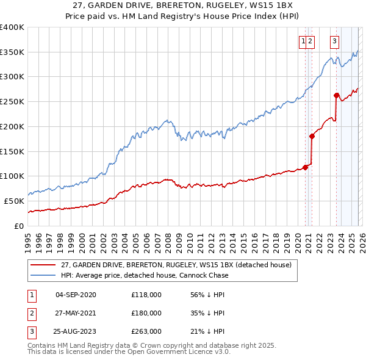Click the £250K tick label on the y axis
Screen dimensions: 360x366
point(12,101)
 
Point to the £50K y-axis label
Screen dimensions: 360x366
point(13,201)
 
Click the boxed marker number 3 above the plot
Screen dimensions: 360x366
point(335,41)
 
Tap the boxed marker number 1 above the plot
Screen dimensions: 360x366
point(303,41)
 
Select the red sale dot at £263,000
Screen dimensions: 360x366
point(336,95)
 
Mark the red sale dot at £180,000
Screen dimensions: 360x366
point(312,136)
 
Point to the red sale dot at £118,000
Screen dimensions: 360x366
point(305,167)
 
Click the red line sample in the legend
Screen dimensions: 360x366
point(43,265)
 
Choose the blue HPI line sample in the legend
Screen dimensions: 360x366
point(43,275)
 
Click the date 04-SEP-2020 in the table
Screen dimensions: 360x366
point(76,295)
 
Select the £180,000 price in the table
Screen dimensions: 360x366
point(146,313)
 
